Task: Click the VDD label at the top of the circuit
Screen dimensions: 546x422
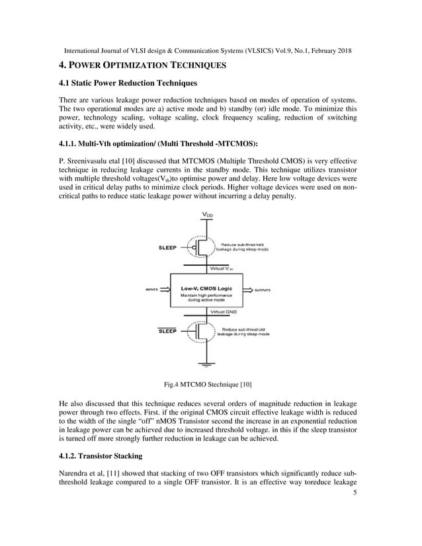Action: (207, 215)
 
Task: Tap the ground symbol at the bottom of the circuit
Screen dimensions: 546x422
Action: (207, 363)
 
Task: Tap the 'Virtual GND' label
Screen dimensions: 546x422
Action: (224, 311)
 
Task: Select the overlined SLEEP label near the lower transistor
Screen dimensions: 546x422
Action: (167, 331)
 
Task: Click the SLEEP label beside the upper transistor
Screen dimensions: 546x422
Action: (167, 248)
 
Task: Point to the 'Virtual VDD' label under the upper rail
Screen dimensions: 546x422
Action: (224, 269)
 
